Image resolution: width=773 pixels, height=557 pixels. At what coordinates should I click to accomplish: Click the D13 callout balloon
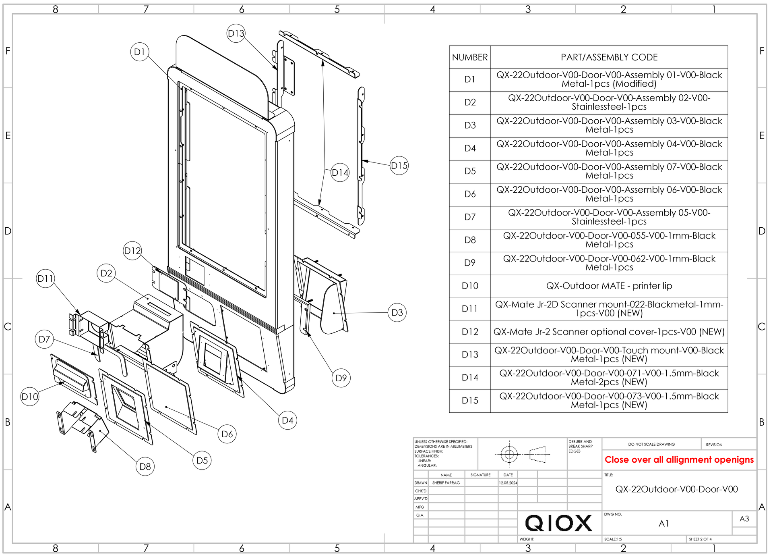236,33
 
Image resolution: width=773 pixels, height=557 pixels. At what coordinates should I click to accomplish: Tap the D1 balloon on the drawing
140,52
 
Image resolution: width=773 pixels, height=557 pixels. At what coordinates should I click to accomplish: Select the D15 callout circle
399,166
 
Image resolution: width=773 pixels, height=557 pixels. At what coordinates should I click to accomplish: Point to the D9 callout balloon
341,378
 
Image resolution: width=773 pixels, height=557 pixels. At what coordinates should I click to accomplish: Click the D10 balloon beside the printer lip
30,397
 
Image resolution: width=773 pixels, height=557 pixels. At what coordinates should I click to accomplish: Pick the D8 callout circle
145,467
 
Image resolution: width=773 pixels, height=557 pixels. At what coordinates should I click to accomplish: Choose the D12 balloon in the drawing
132,251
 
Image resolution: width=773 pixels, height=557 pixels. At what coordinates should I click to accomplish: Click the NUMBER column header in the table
470,57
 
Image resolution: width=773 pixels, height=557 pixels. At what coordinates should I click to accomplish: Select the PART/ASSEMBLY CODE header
609,57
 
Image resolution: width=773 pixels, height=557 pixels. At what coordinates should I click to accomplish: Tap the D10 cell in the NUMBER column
470,286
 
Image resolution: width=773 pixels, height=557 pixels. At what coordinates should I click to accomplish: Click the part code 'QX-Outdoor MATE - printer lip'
609,286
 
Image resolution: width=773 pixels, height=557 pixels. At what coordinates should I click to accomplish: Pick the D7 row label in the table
470,217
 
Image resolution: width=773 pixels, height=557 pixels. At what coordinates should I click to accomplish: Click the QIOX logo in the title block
559,523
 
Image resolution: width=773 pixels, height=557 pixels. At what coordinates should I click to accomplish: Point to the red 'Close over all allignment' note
679,460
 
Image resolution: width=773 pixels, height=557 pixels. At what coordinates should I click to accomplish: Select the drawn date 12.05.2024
508,483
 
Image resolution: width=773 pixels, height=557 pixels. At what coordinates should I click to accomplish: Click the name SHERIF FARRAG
446,483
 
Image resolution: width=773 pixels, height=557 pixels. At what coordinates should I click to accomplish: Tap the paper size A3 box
744,519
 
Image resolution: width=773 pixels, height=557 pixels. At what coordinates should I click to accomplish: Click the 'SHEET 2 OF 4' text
700,539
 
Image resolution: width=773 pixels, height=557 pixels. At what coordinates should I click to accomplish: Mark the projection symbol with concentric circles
509,455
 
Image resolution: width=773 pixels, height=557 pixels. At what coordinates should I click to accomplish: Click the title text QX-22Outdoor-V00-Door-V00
676,489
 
